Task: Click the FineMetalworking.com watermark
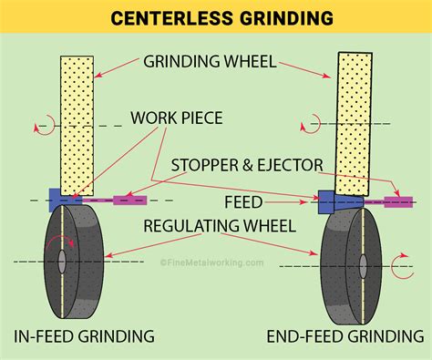click(211, 262)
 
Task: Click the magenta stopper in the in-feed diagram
click(129, 199)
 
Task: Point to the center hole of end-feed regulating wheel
click(362, 267)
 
